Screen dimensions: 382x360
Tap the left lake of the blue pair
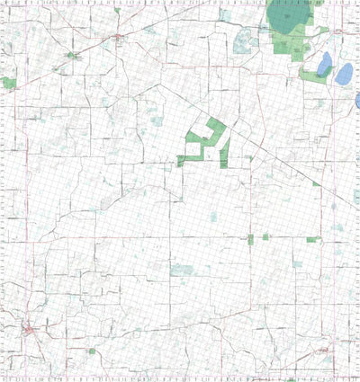click(324, 64)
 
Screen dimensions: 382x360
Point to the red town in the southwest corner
click(31, 331)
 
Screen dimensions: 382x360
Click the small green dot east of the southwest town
click(92, 351)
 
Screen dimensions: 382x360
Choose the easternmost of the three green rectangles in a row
click(313, 239)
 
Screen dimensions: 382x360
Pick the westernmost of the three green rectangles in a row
click(250, 237)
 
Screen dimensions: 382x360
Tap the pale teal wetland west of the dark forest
click(242, 40)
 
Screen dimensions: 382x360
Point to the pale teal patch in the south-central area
click(184, 270)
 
